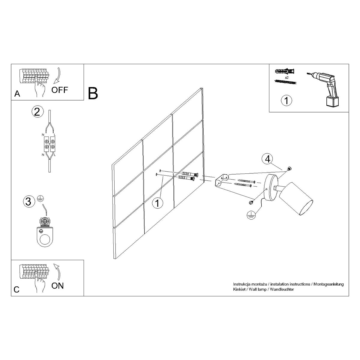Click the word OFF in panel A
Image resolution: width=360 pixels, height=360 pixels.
click(60, 90)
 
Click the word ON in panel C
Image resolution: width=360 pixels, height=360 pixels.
click(57, 286)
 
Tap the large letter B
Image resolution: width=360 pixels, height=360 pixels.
click(93, 93)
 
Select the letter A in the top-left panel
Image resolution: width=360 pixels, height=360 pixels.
click(17, 94)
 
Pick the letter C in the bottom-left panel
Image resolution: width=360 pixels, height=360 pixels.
click(17, 289)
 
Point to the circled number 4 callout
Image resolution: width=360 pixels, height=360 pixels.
click(267, 159)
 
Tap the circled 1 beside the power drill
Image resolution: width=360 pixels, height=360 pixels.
click(286, 100)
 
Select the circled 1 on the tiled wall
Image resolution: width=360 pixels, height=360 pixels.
click(157, 203)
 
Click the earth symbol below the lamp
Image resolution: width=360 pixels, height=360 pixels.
click(250, 215)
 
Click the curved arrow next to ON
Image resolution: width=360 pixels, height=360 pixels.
click(57, 272)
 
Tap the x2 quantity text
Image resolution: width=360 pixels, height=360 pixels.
click(286, 77)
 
